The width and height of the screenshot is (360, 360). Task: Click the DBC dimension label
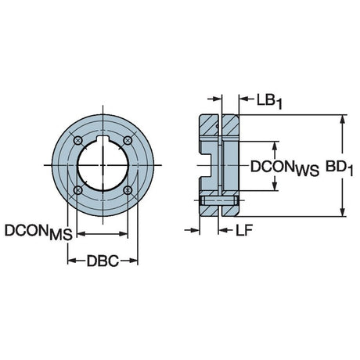(x=103, y=261)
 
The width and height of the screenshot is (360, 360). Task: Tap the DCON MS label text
(x=38, y=232)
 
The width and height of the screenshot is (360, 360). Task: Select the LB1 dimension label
(x=269, y=102)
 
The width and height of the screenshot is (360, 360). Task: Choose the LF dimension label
(x=244, y=230)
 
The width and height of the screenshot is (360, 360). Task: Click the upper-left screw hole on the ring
(x=78, y=141)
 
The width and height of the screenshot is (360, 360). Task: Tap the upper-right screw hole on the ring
(x=128, y=141)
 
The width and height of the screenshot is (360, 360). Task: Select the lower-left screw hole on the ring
(x=78, y=190)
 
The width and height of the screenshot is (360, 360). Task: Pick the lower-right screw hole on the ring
(x=128, y=190)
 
